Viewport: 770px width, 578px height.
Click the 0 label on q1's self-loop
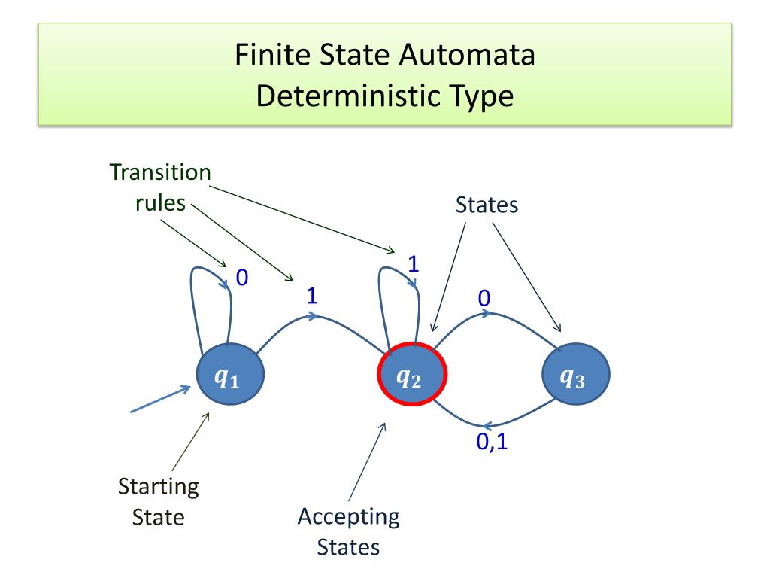click(242, 278)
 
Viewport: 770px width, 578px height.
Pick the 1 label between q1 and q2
click(311, 296)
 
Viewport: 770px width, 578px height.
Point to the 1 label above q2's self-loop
click(413, 263)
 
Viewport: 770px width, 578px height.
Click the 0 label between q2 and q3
click(484, 299)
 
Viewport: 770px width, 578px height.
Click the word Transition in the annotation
click(160, 172)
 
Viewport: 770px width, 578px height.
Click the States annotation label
click(487, 205)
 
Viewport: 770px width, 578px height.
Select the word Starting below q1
click(159, 487)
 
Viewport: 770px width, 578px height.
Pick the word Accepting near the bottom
click(348, 517)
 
